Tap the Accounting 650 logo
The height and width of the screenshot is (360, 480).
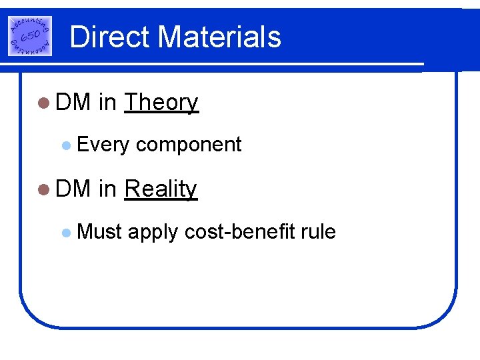pyautogui.click(x=30, y=35)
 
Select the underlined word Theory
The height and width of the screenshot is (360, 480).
pyautogui.click(x=161, y=103)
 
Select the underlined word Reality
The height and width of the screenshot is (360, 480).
pyautogui.click(x=161, y=189)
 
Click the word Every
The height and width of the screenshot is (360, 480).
pyautogui.click(x=103, y=145)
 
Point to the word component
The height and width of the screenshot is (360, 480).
pyautogui.click(x=189, y=145)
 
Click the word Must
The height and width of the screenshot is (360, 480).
pyautogui.click(x=100, y=231)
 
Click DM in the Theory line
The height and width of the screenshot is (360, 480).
pyautogui.click(x=73, y=103)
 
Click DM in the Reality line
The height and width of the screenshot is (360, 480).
pyautogui.click(x=73, y=189)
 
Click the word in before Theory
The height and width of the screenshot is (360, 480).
pyautogui.click(x=107, y=103)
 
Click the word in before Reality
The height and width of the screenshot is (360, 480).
pyautogui.click(x=107, y=189)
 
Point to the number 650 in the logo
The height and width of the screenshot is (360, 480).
pyautogui.click(x=30, y=35)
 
